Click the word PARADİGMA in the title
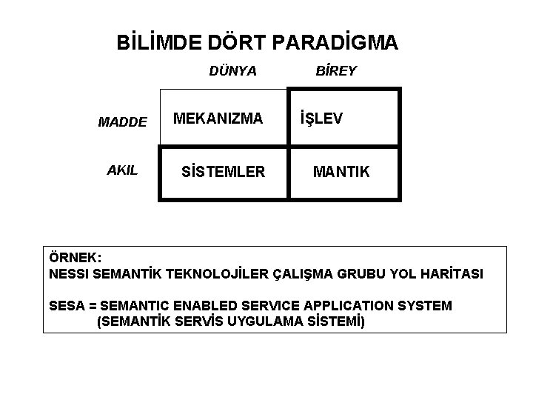[335, 43]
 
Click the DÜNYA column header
[232, 72]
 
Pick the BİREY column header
[336, 72]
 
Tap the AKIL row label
[122, 170]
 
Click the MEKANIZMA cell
[218, 119]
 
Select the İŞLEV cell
[321, 119]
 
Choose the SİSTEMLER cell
[223, 173]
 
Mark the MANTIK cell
[341, 173]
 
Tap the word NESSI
[69, 274]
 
